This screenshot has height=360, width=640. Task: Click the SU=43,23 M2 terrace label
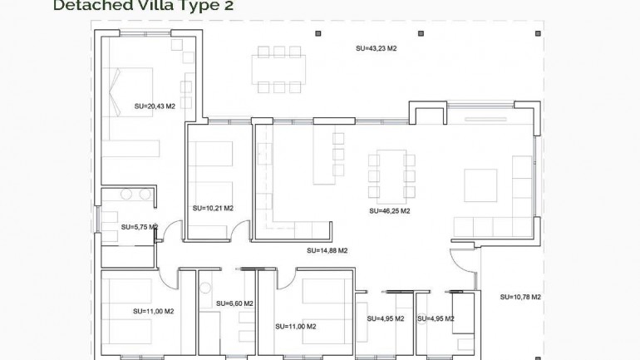click(376, 49)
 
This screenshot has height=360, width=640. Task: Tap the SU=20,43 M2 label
click(155, 106)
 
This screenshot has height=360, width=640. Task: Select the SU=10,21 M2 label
click(212, 209)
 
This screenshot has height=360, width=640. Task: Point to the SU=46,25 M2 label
click(390, 211)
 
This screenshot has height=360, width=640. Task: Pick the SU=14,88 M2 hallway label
click(327, 250)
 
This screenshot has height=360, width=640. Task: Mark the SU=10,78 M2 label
click(520, 297)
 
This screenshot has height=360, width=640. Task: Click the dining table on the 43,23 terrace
click(278, 69)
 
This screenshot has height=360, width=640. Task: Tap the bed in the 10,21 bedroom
click(210, 166)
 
